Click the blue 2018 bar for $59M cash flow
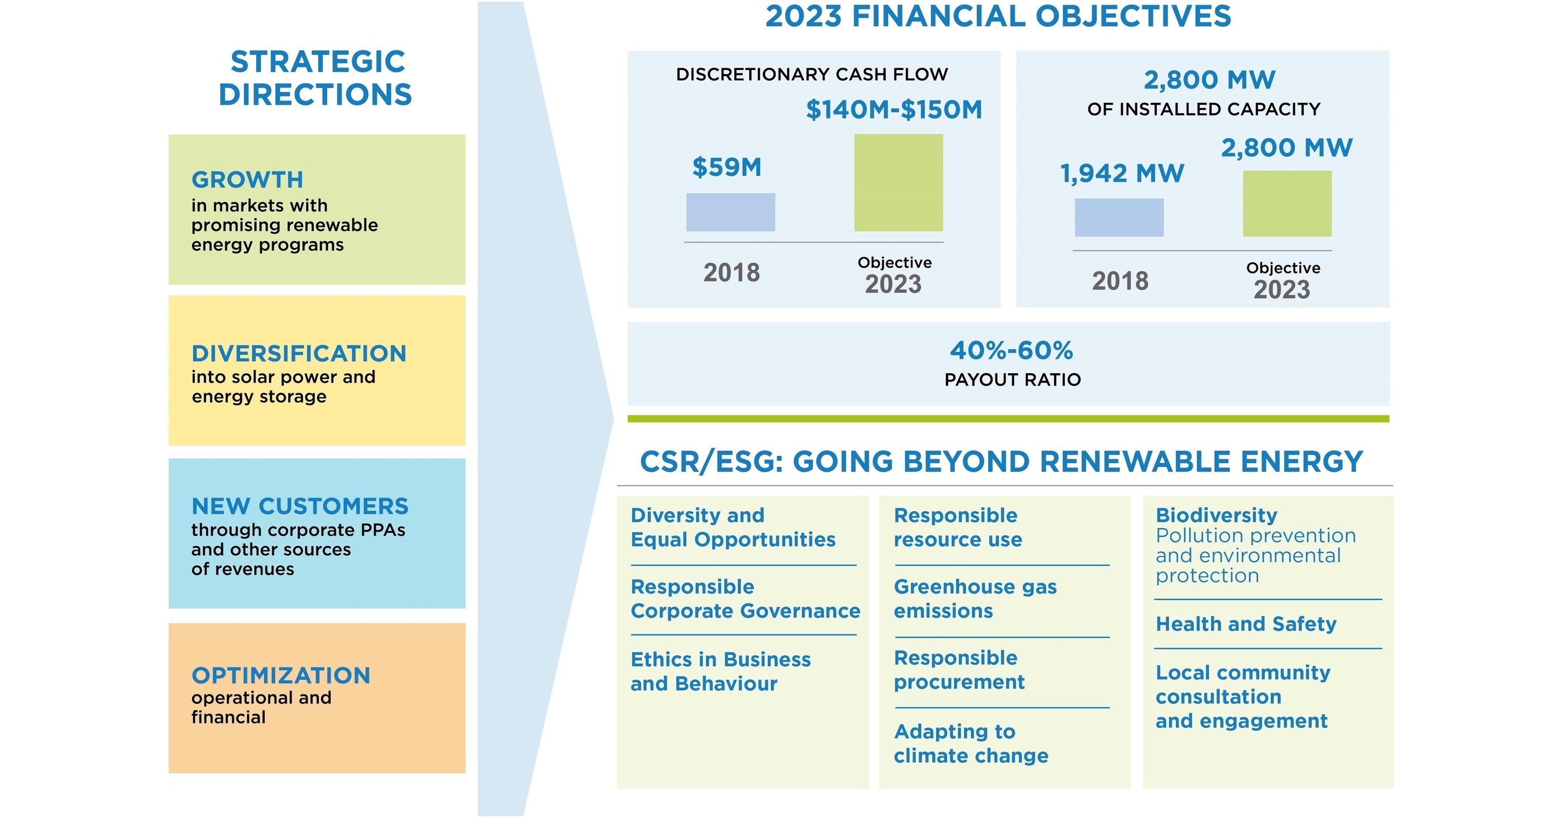coord(730,212)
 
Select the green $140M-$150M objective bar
coord(898,183)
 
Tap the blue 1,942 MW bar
coord(1119,217)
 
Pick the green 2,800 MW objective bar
coord(1286,203)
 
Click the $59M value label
coord(727,167)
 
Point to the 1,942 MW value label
coord(1122,174)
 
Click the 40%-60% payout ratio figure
coord(1011,351)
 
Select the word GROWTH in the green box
coord(247,180)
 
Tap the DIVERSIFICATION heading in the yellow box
coord(299,354)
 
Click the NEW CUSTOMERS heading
coord(300,506)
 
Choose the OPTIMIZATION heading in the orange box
coord(280,675)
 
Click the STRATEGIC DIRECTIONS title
coord(316,78)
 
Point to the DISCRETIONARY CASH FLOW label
coord(811,75)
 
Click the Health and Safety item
coord(1245,624)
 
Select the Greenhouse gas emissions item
coord(974,599)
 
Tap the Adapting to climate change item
coord(970,743)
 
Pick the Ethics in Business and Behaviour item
coord(720,671)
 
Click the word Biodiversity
coord(1216,515)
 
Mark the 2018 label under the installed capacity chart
coord(1120,281)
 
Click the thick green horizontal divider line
coord(1008,418)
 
